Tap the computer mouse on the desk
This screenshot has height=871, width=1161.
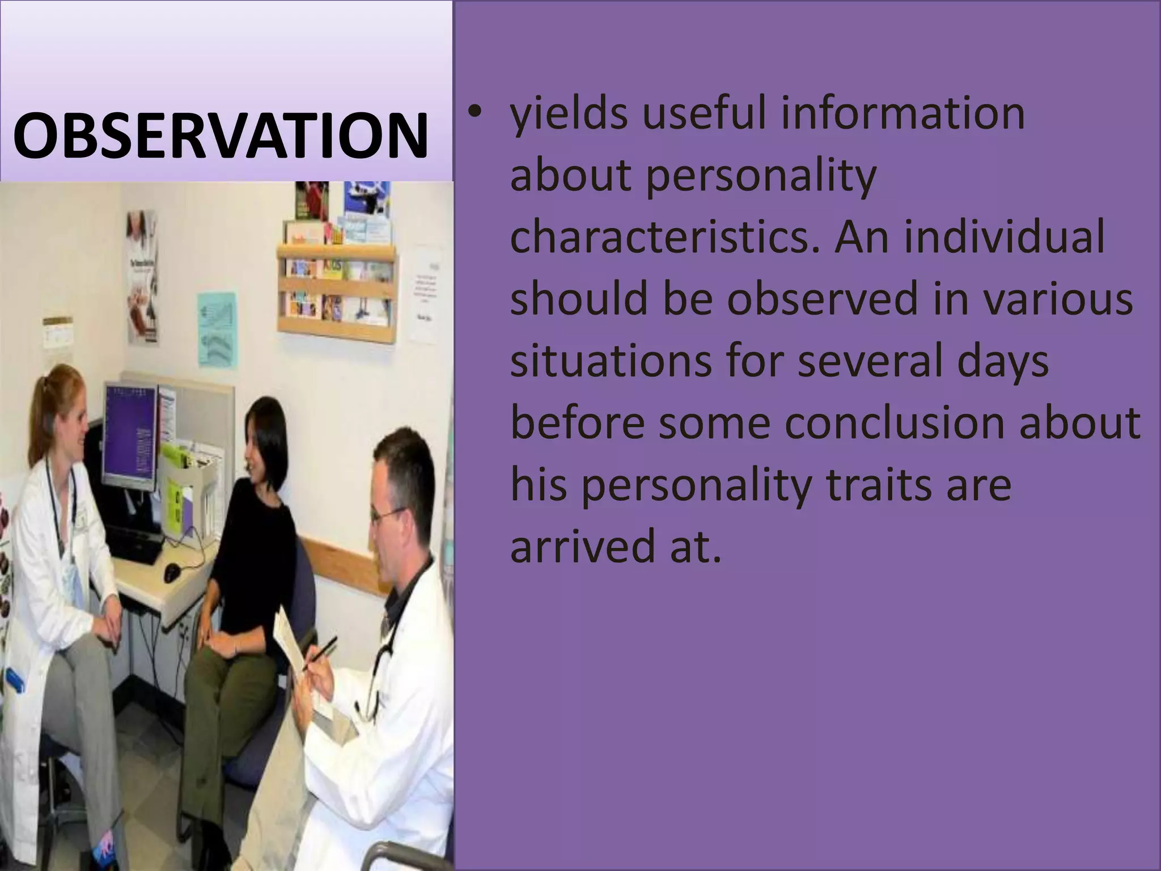coord(172,572)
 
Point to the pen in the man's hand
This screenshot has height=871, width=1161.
coord(320,653)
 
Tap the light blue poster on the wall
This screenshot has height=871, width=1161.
coord(217,329)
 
